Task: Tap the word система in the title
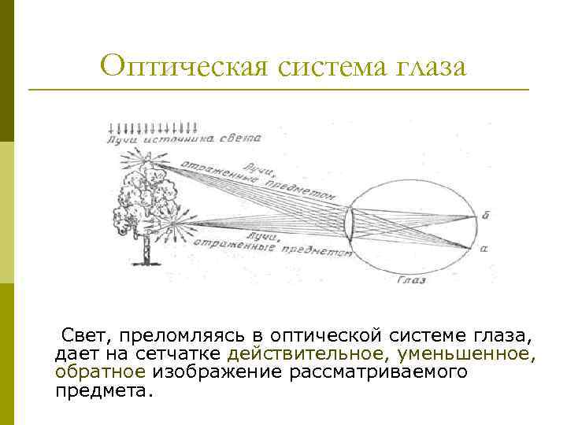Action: (327, 65)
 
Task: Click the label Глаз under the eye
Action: (411, 279)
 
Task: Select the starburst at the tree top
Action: (146, 158)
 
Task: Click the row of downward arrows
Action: (153, 128)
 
